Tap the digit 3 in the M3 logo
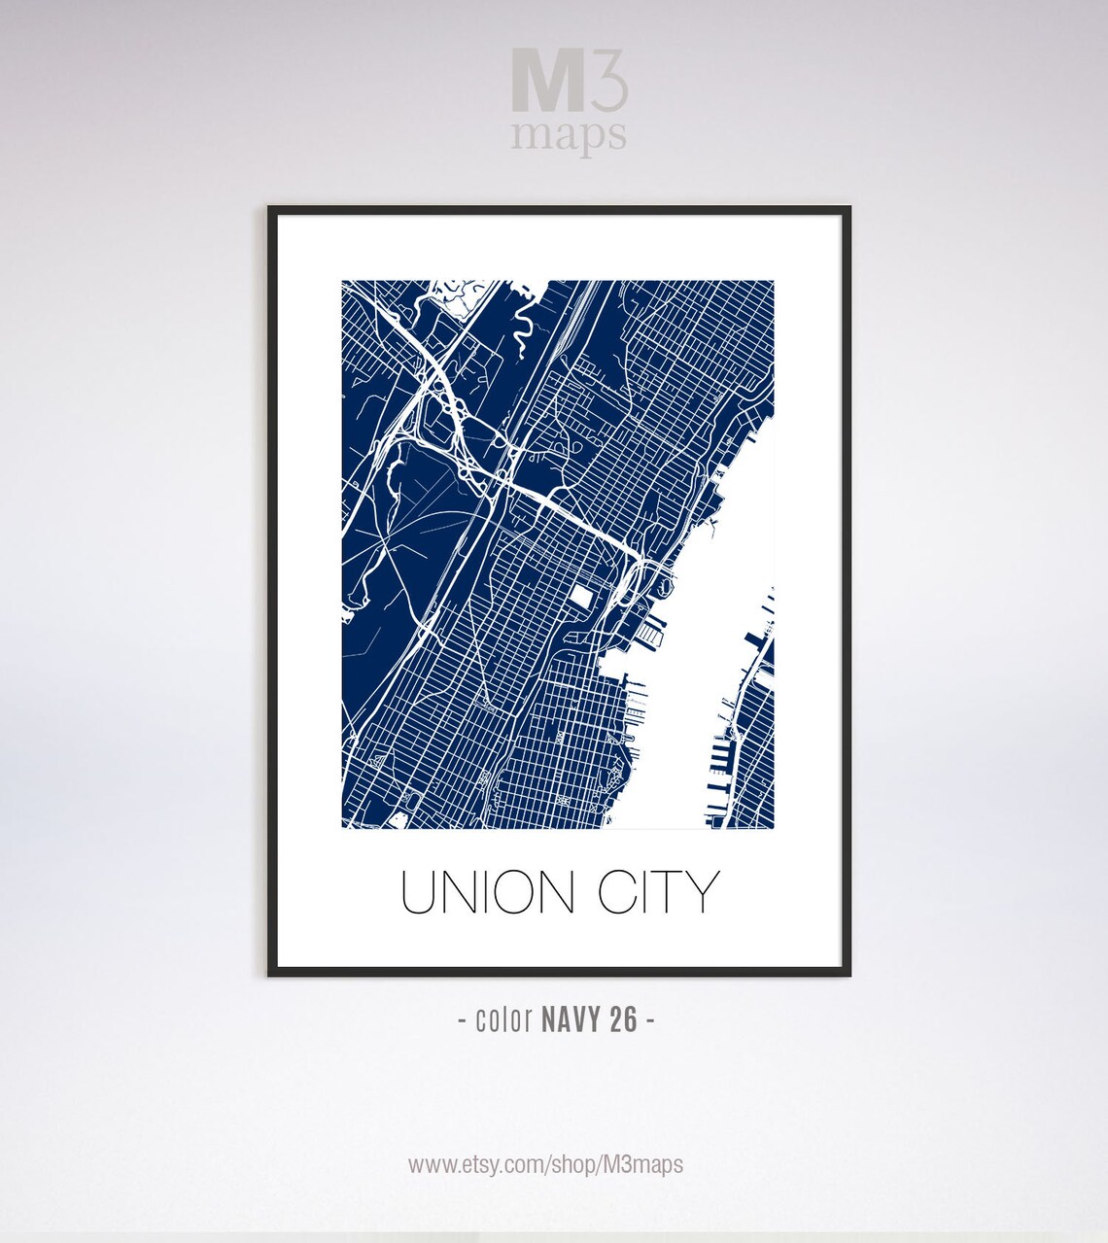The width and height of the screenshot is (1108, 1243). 607,82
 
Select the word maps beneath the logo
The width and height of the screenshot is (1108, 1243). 569,137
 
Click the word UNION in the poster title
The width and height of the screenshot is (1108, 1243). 488,892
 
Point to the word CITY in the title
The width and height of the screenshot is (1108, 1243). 658,892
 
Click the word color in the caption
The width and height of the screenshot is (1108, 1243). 503,1019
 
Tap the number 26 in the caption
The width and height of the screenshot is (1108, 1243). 624,1019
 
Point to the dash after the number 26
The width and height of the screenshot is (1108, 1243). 649,1020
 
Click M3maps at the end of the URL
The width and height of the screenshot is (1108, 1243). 642,1164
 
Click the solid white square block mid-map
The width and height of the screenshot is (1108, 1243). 581,595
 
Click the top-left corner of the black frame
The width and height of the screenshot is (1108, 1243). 271,209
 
